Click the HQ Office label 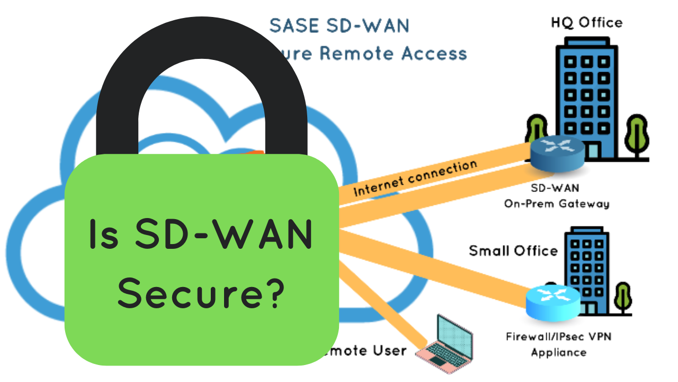point(586,22)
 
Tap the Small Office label point(513,250)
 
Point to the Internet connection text point(415,178)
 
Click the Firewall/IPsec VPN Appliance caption point(558,344)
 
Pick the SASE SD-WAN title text point(339,25)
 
